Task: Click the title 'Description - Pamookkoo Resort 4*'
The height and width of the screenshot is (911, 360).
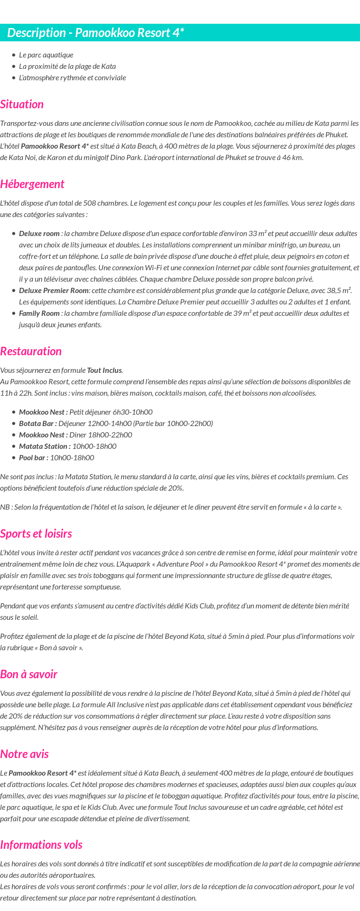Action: pos(95,33)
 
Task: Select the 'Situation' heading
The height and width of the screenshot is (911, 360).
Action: pos(22,104)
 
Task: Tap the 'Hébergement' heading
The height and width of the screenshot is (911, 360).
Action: pos(32,184)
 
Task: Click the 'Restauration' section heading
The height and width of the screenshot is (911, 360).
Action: pos(31,351)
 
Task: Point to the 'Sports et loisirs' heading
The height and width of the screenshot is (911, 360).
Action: pos(36,533)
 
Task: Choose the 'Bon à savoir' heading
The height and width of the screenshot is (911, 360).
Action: pos(28,674)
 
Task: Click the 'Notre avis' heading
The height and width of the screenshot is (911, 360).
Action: pos(24,754)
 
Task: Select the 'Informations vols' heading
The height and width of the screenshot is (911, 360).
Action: pos(41,845)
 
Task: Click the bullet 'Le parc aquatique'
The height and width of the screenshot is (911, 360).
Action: pos(46,55)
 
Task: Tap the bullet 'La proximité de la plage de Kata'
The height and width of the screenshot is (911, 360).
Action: pos(67,66)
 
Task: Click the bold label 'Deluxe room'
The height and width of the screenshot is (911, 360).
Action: pos(39,233)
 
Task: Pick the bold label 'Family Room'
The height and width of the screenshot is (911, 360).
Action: pos(39,313)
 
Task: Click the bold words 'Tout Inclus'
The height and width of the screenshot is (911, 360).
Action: pos(104,370)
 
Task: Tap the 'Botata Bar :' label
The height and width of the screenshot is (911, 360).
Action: pos(38,423)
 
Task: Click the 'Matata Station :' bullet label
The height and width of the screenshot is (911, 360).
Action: pos(45,446)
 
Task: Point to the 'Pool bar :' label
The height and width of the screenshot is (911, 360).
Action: pos(33,457)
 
